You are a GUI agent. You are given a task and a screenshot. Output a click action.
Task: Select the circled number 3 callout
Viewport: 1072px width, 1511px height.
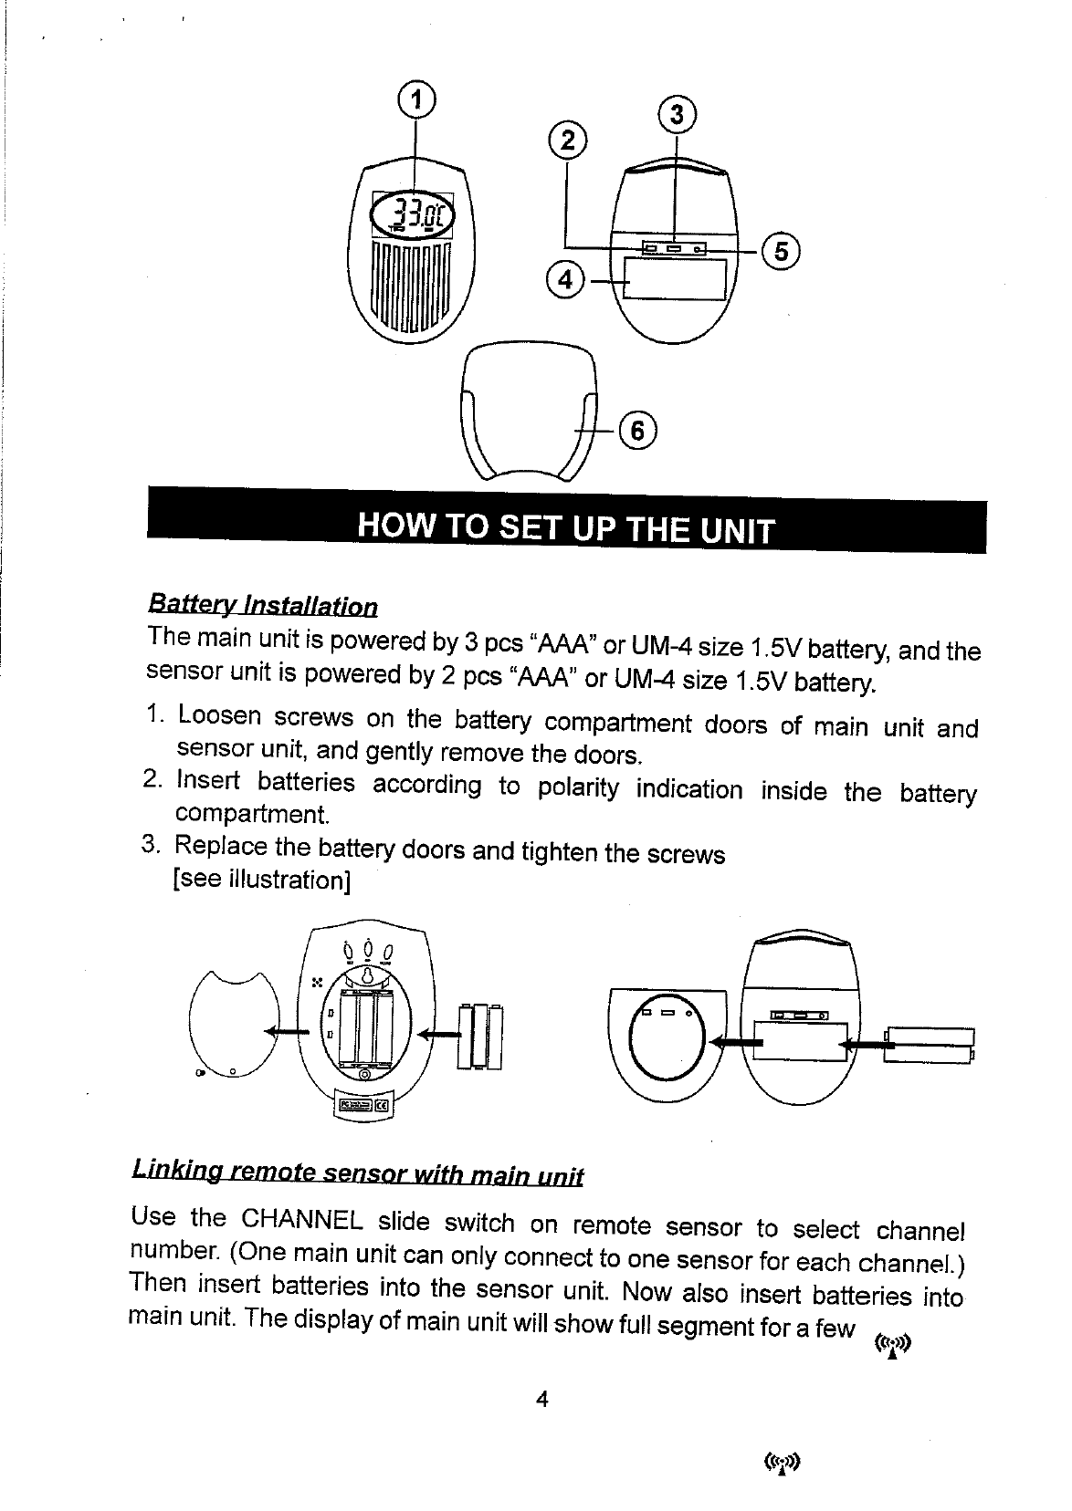coord(676,116)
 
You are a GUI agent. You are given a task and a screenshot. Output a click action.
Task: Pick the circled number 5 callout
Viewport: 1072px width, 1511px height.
coord(781,249)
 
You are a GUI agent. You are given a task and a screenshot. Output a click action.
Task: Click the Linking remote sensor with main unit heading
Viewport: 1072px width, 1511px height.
coord(358,1171)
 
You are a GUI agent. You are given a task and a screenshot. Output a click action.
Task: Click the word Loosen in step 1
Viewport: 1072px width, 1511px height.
coord(217,715)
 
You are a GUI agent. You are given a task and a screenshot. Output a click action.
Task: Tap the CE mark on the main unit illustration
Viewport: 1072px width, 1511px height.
coord(383,1105)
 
